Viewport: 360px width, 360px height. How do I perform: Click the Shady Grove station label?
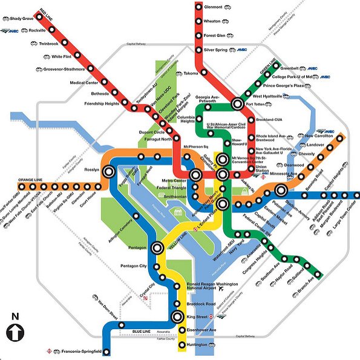(x=19, y=19)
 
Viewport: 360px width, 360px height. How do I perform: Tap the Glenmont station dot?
(x=198, y=8)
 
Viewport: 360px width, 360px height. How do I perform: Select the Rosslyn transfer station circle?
(x=108, y=171)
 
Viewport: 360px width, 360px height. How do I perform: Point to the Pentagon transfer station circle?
(x=158, y=247)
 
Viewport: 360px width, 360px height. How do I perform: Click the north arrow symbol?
(x=15, y=332)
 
